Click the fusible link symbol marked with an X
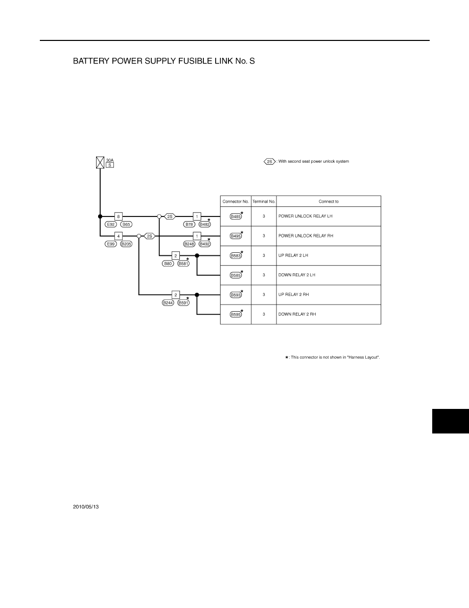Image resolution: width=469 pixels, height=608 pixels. point(100,163)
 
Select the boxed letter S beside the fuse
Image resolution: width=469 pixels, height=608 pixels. point(110,165)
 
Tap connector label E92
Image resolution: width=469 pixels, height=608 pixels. point(111,225)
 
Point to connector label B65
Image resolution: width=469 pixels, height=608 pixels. point(126,225)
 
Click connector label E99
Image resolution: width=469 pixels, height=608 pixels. point(111,244)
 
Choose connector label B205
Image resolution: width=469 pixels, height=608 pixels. point(126,244)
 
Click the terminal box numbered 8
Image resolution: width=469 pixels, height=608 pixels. point(119,216)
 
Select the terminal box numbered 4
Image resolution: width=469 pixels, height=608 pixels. point(119,236)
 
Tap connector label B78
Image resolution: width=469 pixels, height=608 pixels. point(189,225)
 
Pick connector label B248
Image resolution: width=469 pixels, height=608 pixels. point(189,244)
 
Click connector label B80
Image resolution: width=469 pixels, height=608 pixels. point(168,264)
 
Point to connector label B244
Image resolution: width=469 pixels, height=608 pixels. point(168,303)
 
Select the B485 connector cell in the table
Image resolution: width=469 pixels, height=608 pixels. point(236,216)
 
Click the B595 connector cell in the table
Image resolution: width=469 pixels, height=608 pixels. point(236,314)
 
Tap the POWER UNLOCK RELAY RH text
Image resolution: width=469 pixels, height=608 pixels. point(306,236)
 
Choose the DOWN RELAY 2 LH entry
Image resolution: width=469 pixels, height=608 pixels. point(297,275)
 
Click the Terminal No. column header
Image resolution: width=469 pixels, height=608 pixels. point(264,202)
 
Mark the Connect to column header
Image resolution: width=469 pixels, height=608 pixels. point(329,202)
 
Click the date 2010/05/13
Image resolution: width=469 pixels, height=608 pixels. point(86,507)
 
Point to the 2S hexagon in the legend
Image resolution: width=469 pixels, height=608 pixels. point(269,162)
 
